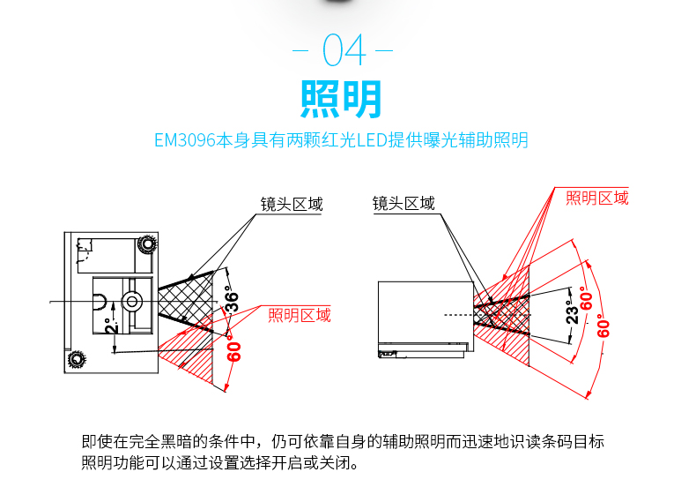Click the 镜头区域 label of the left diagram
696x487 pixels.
292,205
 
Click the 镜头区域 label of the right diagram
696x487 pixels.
404,204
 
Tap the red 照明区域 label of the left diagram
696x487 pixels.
300,315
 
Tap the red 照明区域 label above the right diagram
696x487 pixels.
597,198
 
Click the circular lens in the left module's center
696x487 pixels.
133,301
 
